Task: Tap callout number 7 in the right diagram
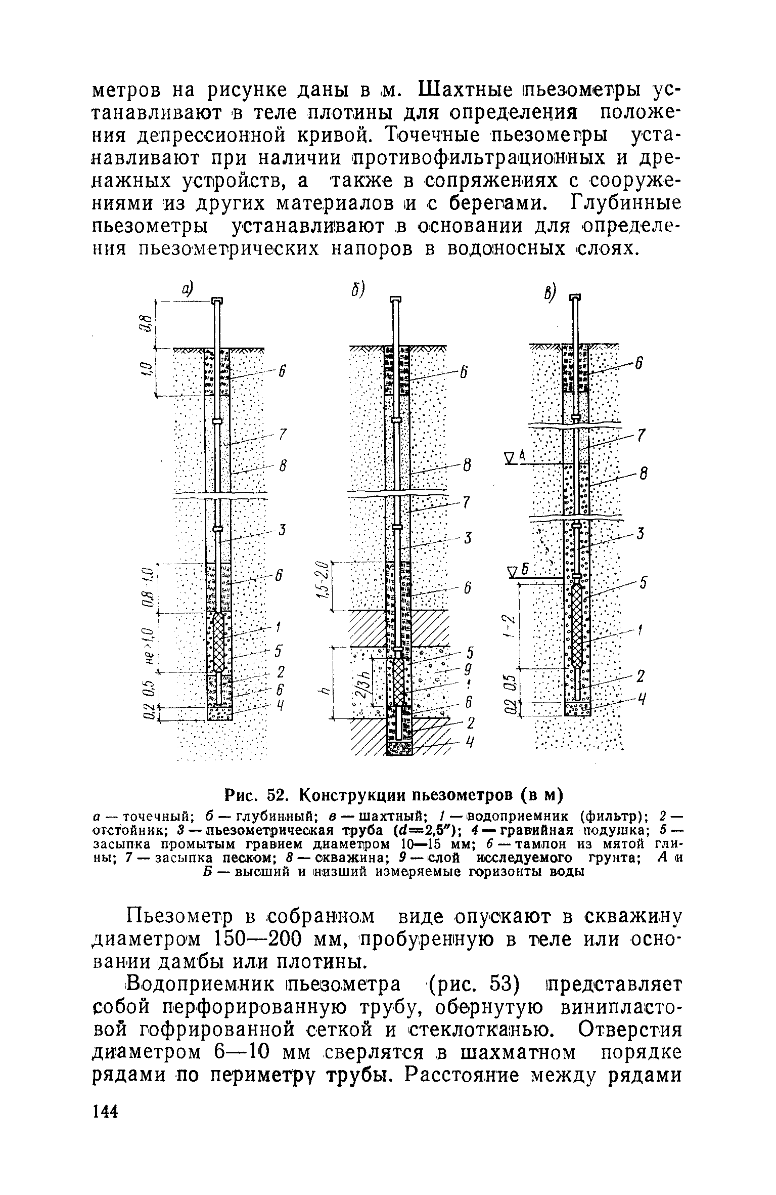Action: point(639,436)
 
